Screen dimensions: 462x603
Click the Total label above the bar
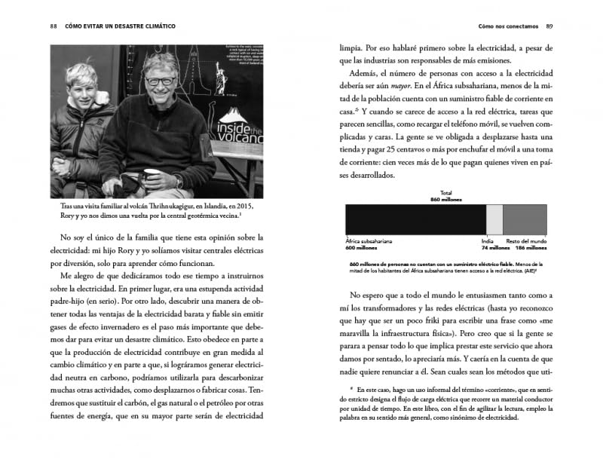pos(446,192)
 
